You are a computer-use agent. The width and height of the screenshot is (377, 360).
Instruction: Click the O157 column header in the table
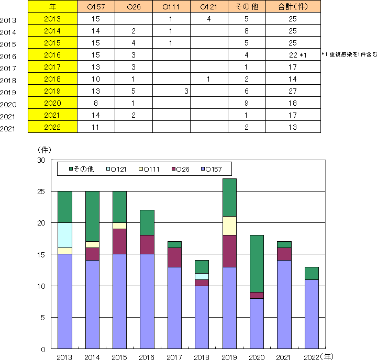tap(95, 7)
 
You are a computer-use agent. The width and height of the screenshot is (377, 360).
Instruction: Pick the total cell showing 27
tap(293, 91)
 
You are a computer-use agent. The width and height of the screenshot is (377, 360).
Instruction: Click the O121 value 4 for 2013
tap(208, 19)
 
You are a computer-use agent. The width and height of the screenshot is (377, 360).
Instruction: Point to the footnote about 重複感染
tap(348, 54)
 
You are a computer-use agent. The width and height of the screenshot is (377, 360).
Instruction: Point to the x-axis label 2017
tap(175, 357)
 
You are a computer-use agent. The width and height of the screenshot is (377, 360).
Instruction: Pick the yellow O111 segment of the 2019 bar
tap(229, 226)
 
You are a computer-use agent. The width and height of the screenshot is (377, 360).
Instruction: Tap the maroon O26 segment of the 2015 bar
tap(120, 242)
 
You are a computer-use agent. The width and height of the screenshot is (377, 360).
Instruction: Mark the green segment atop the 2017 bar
tap(175, 244)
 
